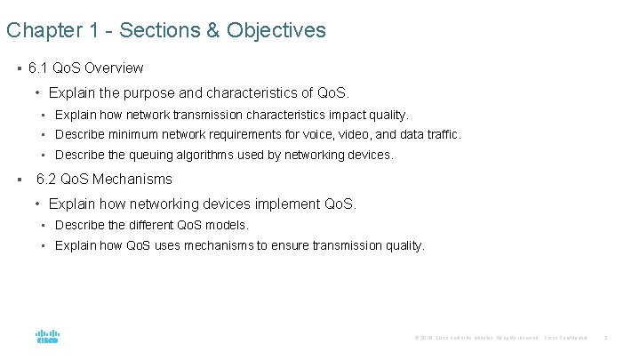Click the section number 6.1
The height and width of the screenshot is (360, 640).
pyautogui.click(x=39, y=68)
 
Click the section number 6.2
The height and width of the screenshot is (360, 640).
pyautogui.click(x=46, y=180)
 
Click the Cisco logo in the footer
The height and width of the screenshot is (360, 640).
pyautogui.click(x=47, y=336)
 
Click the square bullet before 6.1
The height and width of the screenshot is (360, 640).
pyautogui.click(x=19, y=68)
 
